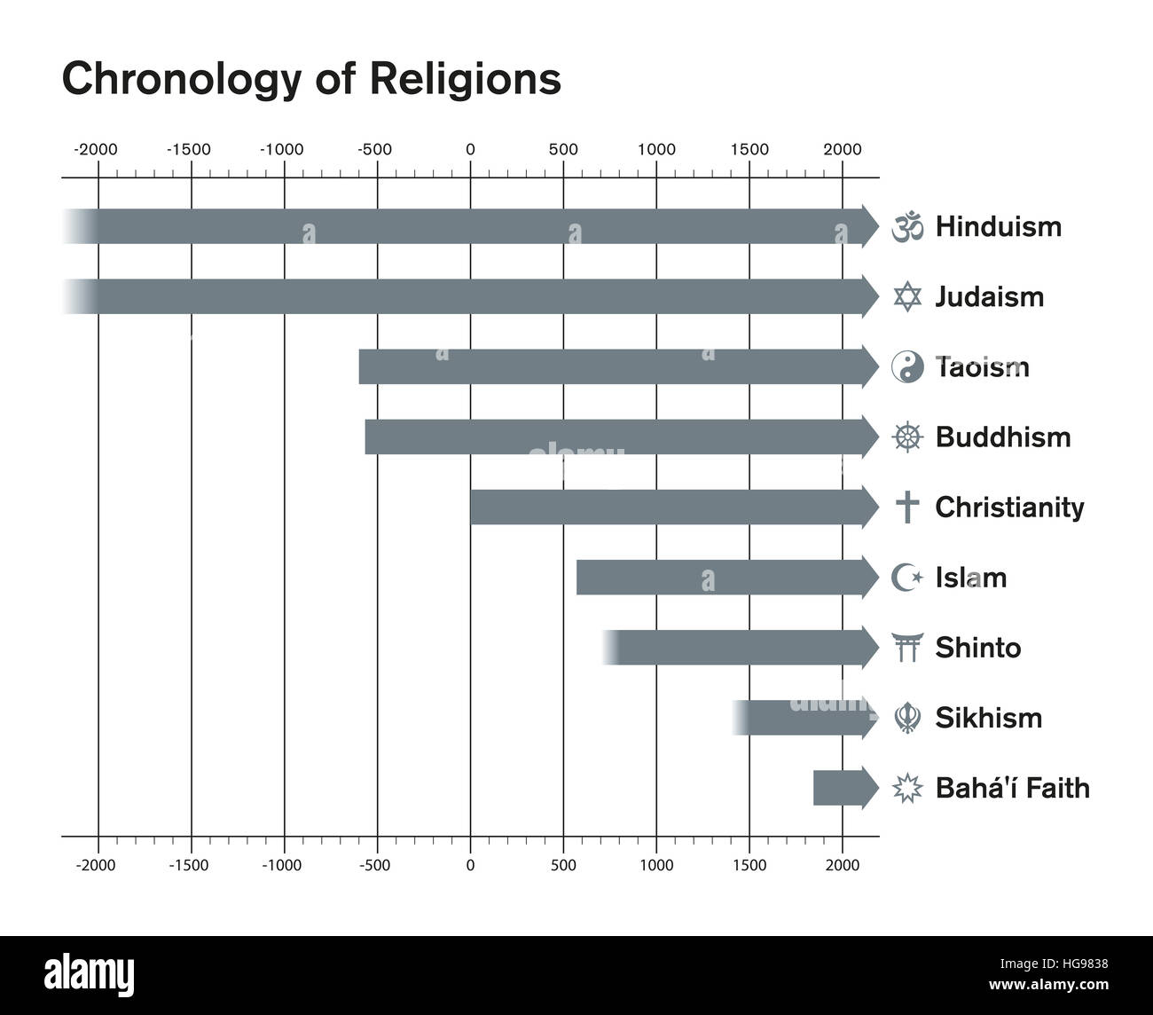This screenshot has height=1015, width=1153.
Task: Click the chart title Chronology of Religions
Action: pos(310,78)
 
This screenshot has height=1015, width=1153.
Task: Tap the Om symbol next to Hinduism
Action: pos(906,226)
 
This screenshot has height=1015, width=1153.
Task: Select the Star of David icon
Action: pos(906,296)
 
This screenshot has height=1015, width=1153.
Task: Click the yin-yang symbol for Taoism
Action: pos(906,366)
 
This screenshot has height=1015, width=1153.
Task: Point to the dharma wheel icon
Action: pos(906,437)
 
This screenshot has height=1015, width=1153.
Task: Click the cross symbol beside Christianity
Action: pos(906,507)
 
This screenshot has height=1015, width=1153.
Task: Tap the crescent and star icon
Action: pos(906,578)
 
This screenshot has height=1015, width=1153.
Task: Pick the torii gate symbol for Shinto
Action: pos(906,648)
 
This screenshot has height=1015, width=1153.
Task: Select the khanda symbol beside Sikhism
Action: pos(906,718)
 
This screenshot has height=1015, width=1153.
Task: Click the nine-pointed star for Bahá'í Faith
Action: pos(906,788)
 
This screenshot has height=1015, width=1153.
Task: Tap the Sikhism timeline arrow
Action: pos(803,718)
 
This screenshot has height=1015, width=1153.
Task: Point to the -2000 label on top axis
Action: pos(95,149)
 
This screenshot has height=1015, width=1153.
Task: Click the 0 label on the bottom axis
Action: pos(470,865)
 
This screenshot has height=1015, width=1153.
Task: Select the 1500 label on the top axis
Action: pos(749,149)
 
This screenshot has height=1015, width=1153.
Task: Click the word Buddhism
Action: pos(1002,437)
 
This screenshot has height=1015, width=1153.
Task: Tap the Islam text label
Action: pos(970,578)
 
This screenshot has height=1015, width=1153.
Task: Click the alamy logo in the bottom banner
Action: pos(90,973)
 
